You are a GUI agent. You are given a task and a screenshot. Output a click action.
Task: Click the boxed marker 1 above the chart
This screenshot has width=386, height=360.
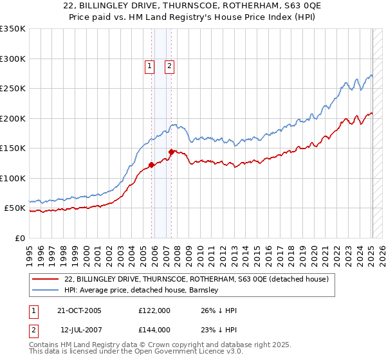(x=149, y=65)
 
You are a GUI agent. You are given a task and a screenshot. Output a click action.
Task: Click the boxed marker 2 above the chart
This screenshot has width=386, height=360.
(x=169, y=65)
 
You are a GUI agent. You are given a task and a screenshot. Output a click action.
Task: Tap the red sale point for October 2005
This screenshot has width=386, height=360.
(x=152, y=165)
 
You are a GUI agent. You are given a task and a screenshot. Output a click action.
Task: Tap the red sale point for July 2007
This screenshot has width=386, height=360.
(x=171, y=152)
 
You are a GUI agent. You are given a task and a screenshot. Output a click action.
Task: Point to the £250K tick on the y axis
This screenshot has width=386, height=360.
(x=13, y=89)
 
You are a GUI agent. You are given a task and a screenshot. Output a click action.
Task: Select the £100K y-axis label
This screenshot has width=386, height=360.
(x=13, y=178)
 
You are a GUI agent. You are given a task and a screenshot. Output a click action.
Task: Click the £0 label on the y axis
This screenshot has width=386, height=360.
(x=21, y=238)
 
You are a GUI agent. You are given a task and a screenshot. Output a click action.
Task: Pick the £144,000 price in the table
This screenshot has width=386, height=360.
(x=154, y=329)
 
